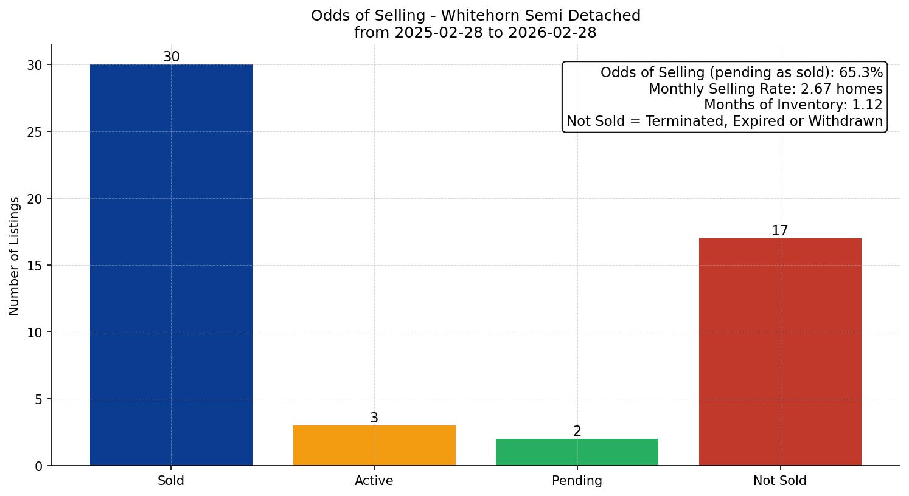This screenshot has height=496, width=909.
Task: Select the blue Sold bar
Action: [171, 265]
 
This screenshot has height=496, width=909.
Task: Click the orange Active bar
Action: [374, 446]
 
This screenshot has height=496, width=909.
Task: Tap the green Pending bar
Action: [577, 452]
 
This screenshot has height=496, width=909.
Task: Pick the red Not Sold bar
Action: [780, 352]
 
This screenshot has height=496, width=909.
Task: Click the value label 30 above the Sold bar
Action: [171, 57]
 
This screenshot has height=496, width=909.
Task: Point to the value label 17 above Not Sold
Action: [780, 231]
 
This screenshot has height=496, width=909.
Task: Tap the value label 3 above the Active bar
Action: [374, 418]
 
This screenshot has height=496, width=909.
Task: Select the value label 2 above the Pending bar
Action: [577, 432]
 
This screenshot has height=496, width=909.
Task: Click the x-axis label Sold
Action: [171, 481]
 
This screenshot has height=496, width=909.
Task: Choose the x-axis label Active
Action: [374, 481]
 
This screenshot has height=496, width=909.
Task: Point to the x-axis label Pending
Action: [577, 481]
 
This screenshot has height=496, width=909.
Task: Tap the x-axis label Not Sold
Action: [780, 481]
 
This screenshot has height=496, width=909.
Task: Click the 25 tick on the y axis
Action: [35, 132]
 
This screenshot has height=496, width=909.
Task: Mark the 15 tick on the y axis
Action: [35, 266]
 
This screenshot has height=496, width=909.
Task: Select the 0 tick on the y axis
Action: [39, 466]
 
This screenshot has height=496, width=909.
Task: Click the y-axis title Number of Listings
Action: [15, 255]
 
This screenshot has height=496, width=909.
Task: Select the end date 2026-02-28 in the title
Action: [553, 33]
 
